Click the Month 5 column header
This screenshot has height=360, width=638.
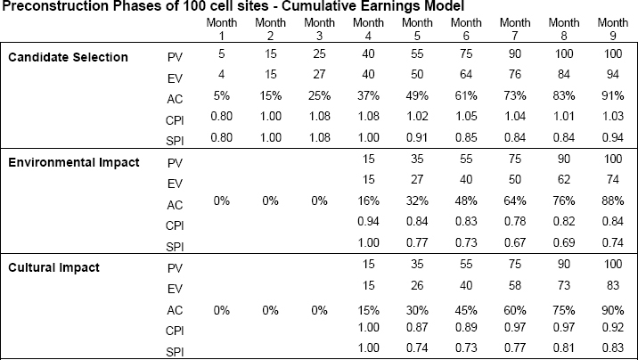click(x=417, y=29)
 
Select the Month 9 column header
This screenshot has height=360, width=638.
click(x=613, y=29)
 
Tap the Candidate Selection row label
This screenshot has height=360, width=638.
click(x=68, y=57)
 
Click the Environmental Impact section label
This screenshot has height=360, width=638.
click(x=74, y=162)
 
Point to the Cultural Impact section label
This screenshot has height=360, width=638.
click(x=53, y=267)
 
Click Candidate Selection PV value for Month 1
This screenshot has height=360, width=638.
click(x=221, y=53)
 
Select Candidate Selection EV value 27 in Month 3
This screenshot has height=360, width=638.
click(x=319, y=75)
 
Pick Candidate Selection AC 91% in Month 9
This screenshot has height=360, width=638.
click(x=613, y=95)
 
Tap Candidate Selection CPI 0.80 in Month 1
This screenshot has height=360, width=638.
click(x=221, y=117)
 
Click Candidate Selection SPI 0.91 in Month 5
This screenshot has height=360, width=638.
click(x=417, y=137)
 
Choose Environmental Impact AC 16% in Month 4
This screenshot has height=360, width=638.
click(x=368, y=201)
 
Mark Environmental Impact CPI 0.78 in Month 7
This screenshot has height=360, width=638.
click(x=515, y=221)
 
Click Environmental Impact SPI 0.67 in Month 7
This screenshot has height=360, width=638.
click(x=515, y=243)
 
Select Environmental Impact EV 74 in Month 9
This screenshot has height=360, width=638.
click(x=613, y=179)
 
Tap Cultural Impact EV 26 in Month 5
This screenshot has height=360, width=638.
click(x=417, y=285)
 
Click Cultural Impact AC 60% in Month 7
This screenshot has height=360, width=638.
click(x=515, y=310)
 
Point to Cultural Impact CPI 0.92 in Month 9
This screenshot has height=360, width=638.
click(x=613, y=327)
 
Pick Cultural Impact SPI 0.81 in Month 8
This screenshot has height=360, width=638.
click(x=563, y=348)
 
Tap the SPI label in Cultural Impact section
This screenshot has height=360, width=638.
click(x=175, y=352)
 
